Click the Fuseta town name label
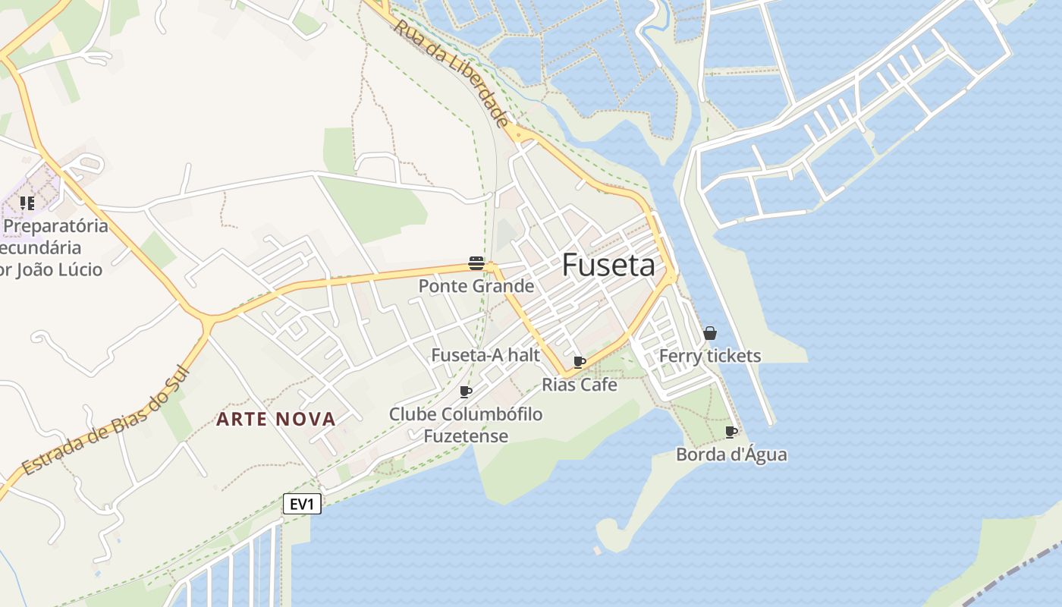tap(608, 265)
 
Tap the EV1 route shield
tap(302, 504)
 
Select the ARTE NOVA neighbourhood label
tap(276, 419)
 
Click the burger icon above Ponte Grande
tap(476, 263)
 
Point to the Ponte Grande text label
tap(476, 286)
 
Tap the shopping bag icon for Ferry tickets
tap(710, 333)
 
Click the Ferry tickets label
tap(710, 356)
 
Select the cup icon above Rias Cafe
tap(580, 362)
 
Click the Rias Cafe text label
tap(580, 385)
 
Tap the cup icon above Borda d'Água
tap(731, 432)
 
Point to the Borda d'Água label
tap(731, 454)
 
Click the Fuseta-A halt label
tap(485, 355)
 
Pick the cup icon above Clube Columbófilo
tap(466, 392)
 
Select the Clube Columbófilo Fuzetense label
tap(466, 425)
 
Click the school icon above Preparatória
tap(27, 203)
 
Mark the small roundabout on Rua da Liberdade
tap(518, 134)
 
